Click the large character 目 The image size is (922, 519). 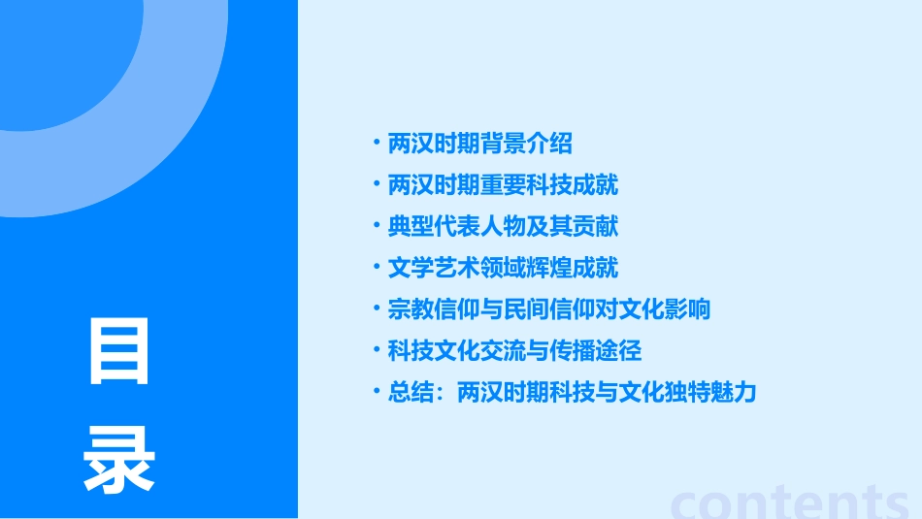119,351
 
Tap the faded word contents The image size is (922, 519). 790,501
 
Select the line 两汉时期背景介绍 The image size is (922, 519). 480,144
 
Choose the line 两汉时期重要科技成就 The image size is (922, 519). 503,184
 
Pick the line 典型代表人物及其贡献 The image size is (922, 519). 503,226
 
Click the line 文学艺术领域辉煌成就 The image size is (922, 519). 503,268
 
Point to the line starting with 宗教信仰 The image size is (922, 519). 549,309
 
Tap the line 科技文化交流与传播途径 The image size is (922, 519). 514,350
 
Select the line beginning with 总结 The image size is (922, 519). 572,392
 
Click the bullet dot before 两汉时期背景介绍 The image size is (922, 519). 377,143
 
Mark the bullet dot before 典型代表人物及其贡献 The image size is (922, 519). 377,225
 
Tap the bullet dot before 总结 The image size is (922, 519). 377,391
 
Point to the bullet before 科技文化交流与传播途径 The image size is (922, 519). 377,349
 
